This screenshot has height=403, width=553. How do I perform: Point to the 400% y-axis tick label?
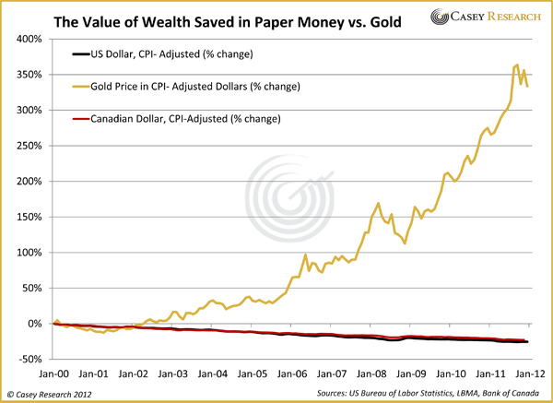(29, 40)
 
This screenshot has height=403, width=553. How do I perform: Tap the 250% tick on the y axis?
(29, 146)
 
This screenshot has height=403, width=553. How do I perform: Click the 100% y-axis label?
(29, 253)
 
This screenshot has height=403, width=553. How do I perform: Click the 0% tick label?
(35, 324)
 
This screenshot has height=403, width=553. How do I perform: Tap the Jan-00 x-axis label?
(54, 374)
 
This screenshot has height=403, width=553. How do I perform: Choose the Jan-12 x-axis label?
(527, 374)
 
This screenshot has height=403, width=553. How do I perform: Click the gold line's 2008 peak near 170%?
(379, 203)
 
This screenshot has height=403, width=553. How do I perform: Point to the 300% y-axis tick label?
(29, 111)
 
